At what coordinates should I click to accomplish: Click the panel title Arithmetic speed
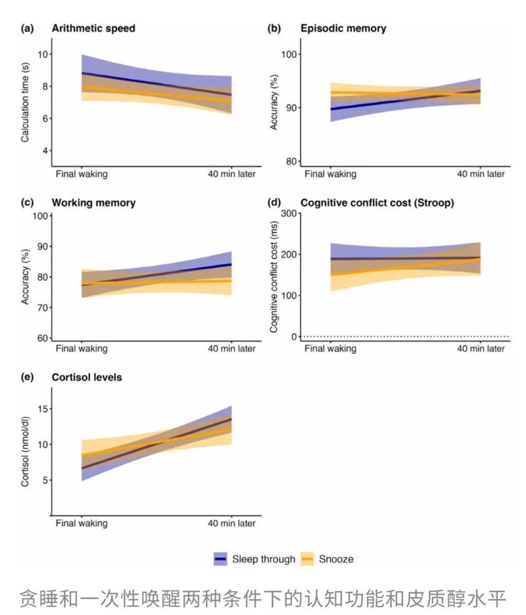tap(94, 28)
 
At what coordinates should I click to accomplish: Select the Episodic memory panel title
tap(343, 28)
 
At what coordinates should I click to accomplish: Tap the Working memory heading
tap(93, 203)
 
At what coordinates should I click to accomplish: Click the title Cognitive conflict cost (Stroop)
tap(377, 203)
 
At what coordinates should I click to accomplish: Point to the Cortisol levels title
tap(86, 377)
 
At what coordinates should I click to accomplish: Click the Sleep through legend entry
tap(254, 559)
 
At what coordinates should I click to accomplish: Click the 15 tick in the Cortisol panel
tap(43, 409)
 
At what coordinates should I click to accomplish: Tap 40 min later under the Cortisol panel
tap(231, 523)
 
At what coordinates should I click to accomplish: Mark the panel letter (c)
tap(28, 203)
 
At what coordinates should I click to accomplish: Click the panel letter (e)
tap(28, 377)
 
